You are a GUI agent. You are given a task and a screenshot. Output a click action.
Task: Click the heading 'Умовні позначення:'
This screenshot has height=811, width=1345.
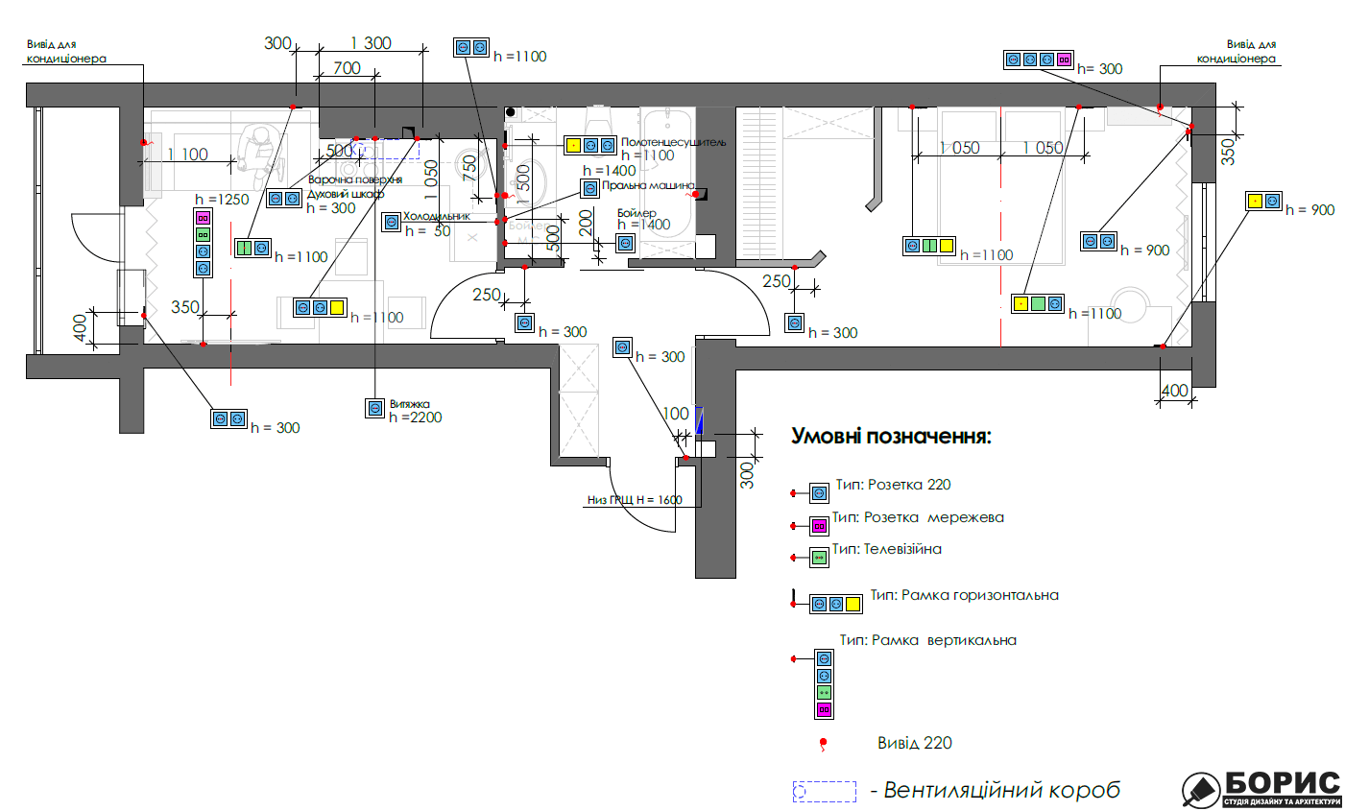890,437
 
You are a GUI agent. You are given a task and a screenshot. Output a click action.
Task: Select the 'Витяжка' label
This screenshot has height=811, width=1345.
410,404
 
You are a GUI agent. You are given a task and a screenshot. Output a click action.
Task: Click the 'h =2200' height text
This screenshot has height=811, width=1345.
416,417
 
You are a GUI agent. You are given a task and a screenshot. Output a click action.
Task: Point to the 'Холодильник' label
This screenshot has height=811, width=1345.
437,216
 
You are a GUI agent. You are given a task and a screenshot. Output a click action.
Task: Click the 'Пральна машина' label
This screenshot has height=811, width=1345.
648,185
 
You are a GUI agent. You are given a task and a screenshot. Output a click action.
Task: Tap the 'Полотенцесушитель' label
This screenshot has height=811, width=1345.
673,142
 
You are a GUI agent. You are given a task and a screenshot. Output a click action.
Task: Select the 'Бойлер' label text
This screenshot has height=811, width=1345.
636,212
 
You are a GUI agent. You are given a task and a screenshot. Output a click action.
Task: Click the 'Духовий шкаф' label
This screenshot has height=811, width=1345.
346,194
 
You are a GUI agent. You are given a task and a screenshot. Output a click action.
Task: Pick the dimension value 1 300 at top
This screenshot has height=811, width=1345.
371,43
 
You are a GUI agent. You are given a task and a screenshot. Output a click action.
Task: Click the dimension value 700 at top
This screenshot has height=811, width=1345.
347,68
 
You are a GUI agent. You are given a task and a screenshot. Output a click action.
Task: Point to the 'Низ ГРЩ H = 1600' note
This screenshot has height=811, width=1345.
635,500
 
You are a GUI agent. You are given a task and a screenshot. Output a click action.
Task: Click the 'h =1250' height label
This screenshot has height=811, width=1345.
222,200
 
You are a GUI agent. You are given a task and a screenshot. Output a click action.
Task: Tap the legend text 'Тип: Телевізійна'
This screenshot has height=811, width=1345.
886,550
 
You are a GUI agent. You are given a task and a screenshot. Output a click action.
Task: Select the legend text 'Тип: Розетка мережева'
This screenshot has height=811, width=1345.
918,517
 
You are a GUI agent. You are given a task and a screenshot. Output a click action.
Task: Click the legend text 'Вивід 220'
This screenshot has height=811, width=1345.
914,743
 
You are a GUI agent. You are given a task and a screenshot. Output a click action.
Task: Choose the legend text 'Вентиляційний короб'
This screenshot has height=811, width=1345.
1001,791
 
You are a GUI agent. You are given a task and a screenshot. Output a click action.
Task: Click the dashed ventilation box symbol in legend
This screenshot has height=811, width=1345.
824,791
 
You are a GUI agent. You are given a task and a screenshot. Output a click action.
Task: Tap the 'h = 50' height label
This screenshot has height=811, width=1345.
427,231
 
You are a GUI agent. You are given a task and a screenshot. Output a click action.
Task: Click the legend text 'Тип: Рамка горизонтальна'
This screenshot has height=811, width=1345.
964,595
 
